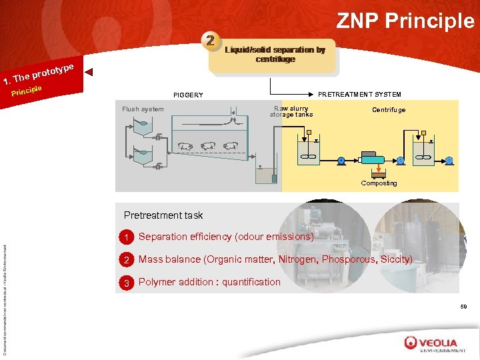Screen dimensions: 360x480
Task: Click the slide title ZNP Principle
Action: click(x=405, y=21)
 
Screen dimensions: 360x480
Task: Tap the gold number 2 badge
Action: click(x=211, y=41)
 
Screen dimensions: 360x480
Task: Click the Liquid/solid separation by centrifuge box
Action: click(x=275, y=55)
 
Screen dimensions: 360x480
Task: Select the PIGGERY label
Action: click(x=188, y=95)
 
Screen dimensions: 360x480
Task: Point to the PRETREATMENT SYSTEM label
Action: click(x=359, y=94)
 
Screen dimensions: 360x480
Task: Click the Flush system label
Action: click(x=143, y=109)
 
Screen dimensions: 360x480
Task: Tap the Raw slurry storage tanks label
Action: click(x=291, y=111)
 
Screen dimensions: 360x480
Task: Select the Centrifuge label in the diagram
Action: click(x=389, y=110)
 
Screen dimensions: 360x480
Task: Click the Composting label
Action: click(x=379, y=183)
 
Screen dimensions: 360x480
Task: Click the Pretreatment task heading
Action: click(x=163, y=215)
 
